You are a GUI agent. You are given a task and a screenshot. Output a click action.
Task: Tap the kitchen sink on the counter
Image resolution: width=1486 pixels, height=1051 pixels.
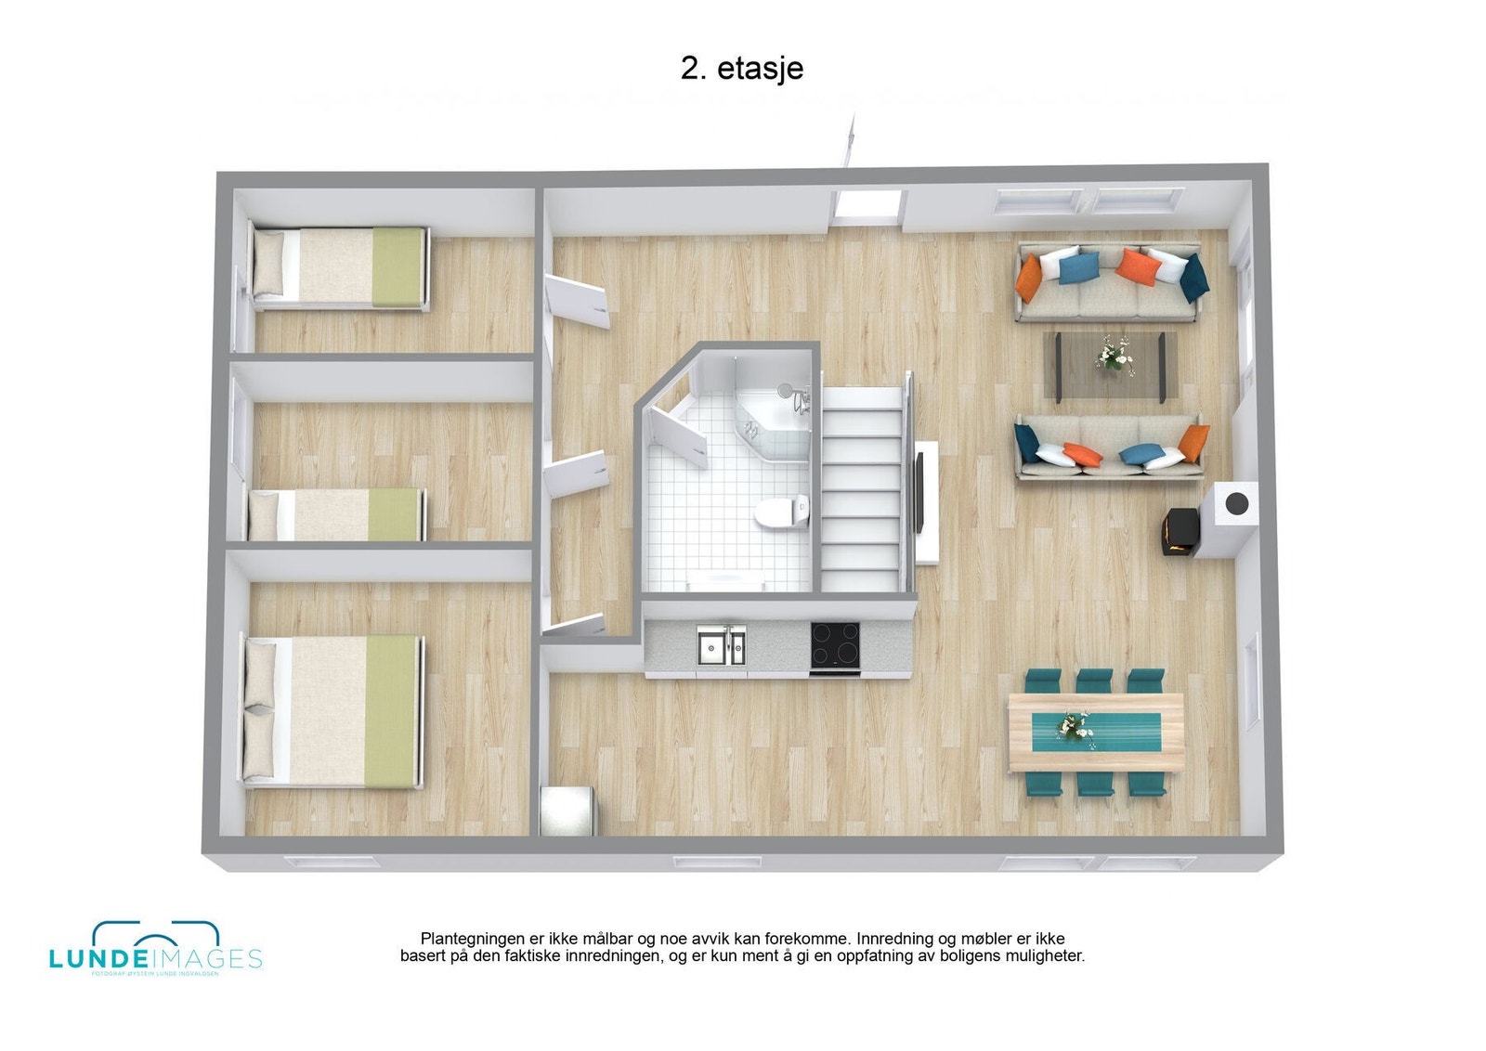[721, 644]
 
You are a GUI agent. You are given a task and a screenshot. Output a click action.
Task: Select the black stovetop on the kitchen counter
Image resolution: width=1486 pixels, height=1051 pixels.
[834, 643]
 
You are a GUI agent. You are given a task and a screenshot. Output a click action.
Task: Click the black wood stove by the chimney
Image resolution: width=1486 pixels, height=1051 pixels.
[1178, 534]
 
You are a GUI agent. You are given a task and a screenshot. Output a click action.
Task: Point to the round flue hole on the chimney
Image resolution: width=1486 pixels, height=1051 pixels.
[1236, 503]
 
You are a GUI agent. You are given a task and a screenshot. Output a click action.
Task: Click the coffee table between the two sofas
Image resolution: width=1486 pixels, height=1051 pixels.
[1110, 365]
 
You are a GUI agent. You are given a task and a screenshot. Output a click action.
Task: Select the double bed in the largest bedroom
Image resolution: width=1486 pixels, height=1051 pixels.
[332, 711]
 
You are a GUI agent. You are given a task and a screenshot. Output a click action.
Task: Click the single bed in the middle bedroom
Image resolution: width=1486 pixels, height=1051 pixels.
[336, 514]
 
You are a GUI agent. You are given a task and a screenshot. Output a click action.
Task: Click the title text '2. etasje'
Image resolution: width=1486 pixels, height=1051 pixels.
[741, 68]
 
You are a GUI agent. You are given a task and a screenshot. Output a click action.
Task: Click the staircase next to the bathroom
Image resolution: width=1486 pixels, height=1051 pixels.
[862, 492]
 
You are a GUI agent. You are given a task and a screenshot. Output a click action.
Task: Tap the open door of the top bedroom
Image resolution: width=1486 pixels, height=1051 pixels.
[578, 301]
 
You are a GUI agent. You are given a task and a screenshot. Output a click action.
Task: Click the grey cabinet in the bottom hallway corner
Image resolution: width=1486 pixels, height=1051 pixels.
[567, 810]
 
